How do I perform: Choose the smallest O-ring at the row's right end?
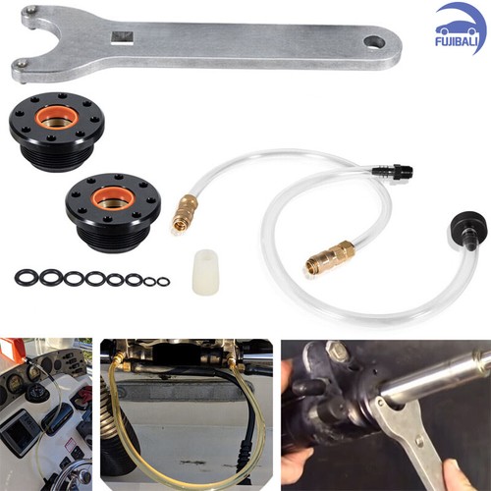[163, 282]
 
